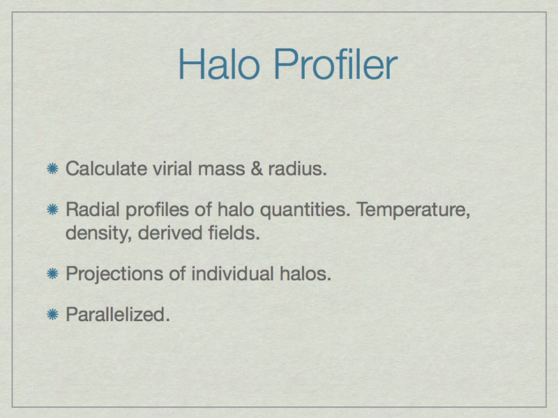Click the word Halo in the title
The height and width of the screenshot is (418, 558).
pos(219,64)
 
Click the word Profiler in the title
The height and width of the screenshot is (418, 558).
pos(335,64)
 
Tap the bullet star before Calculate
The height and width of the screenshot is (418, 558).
pos(53,169)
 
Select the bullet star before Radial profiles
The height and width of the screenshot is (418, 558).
pos(53,210)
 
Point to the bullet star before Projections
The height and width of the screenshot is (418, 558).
pos(53,273)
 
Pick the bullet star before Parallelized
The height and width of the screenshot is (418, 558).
pos(53,314)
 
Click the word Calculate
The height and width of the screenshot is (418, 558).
pos(107,169)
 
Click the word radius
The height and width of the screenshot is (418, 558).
pos(298,169)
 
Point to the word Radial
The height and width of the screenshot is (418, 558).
pos(93,210)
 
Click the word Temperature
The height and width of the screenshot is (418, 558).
pos(413,210)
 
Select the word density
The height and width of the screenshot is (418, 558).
pos(98,234)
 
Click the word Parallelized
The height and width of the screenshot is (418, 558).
pos(118,314)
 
